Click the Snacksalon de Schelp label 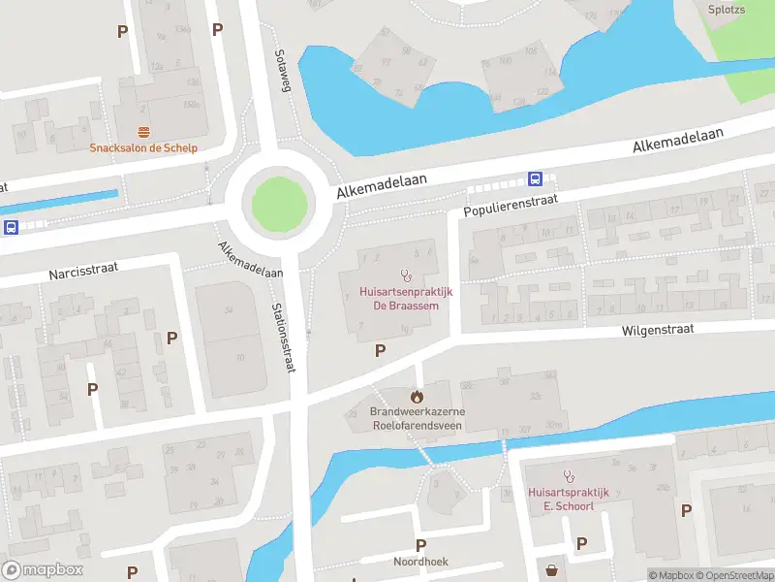(x=143, y=148)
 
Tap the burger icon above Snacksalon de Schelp (x=143, y=132)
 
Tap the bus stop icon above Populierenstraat (x=534, y=178)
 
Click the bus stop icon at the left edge (x=11, y=227)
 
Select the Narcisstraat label (x=83, y=270)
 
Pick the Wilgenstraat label (x=659, y=330)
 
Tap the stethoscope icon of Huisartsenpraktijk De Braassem (x=405, y=275)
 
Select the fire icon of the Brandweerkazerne (x=417, y=396)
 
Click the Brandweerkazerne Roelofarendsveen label (x=417, y=418)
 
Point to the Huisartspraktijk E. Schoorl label (x=568, y=500)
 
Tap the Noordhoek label (x=420, y=562)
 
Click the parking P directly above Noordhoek (x=420, y=545)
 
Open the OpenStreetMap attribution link (x=733, y=575)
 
